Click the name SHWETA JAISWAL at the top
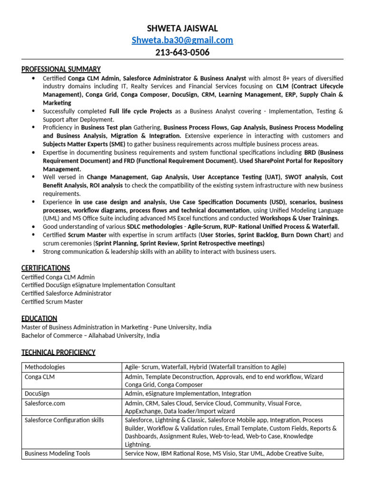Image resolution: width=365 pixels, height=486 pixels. tap(182, 28)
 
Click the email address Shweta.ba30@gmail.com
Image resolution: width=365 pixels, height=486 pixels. tap(182, 40)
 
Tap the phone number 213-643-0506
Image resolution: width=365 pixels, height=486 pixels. tap(182, 52)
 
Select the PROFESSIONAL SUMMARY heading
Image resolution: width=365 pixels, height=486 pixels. tap(61, 69)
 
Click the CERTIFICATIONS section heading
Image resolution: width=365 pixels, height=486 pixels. tap(46, 268)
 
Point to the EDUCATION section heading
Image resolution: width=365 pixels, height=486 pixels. tap(39, 318)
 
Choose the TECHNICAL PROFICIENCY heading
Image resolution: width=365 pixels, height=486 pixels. tap(58, 352)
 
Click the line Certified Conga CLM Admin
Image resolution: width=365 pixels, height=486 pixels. tap(58, 277)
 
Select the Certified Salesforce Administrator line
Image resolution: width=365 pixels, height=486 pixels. tap(67, 293)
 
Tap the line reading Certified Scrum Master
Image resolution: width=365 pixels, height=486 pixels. tap(52, 302)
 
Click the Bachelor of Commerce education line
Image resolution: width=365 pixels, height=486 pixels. tap(90, 336)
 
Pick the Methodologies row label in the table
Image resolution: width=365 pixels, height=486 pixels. tap(45, 367)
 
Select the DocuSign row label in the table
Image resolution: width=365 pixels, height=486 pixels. tap(37, 393)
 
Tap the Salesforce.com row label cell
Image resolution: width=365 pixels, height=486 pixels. tap(45, 403)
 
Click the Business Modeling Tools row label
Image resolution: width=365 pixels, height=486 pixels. tap(57, 454)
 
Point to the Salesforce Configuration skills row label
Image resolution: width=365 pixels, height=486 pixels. tap(64, 420)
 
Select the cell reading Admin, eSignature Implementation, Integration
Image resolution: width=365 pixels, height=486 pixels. tap(188, 393)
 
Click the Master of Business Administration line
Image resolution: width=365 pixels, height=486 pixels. tap(116, 327)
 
